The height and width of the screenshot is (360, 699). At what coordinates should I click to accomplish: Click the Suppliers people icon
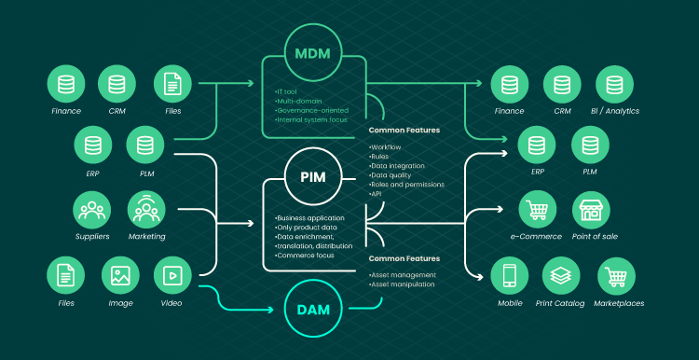(92, 210)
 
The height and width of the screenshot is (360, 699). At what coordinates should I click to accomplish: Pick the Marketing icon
(146, 210)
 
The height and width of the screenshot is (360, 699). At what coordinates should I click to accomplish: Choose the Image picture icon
(120, 275)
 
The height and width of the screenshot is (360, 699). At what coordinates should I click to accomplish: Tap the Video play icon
(172, 275)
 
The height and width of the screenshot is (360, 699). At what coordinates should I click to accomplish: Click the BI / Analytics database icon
(614, 84)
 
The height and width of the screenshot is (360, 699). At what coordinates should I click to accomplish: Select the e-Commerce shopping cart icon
(538, 210)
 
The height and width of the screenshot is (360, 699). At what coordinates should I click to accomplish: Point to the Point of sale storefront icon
(591, 210)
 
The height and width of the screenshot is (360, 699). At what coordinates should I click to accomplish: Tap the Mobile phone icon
(510, 275)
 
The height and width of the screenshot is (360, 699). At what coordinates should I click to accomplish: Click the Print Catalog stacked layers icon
(561, 275)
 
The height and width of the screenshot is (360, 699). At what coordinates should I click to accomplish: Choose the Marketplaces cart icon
(617, 275)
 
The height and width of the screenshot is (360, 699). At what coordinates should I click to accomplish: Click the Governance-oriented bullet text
(311, 110)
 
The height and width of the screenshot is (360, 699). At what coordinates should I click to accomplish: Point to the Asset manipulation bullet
(401, 284)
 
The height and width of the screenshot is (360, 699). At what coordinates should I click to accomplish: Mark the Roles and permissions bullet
(406, 185)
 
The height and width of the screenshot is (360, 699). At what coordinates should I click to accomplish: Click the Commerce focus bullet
(305, 256)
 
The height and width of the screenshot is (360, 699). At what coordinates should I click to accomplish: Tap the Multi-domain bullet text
(298, 101)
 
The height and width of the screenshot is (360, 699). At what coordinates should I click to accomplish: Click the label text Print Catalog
(560, 303)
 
